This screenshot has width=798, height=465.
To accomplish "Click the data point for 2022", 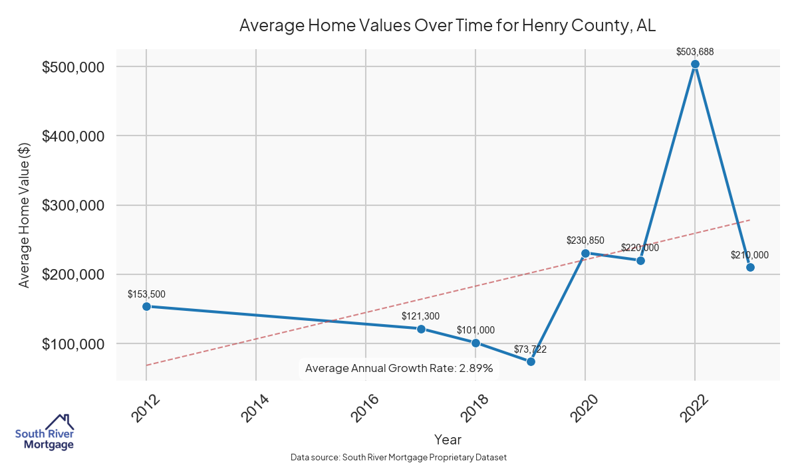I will pos(695,64).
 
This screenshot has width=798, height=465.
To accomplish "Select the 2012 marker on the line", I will pos(146,306).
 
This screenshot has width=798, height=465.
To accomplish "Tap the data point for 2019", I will pos(531,361).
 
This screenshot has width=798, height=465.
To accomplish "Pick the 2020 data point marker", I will pos(585,253).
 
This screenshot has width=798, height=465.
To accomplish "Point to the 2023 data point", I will pos(750,267).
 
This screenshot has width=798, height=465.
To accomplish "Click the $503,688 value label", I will pos(695,51).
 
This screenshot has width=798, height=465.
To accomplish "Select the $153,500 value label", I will pos(146,294).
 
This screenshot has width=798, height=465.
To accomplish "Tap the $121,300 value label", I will pos(421,316).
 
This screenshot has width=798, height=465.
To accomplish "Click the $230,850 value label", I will pos(585,240).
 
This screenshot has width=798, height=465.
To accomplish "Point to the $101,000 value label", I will pos(475,330).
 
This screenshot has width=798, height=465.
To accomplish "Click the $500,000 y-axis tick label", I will pos(73,67).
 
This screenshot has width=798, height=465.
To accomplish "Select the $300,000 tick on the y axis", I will pos(73,205).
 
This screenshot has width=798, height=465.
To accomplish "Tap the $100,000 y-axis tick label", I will pos(73,344).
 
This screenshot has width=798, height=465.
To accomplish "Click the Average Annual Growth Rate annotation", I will pos(399,368).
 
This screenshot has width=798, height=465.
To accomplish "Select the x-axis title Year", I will pos(448,439).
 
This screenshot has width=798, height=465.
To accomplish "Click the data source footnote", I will pos(399,458).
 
